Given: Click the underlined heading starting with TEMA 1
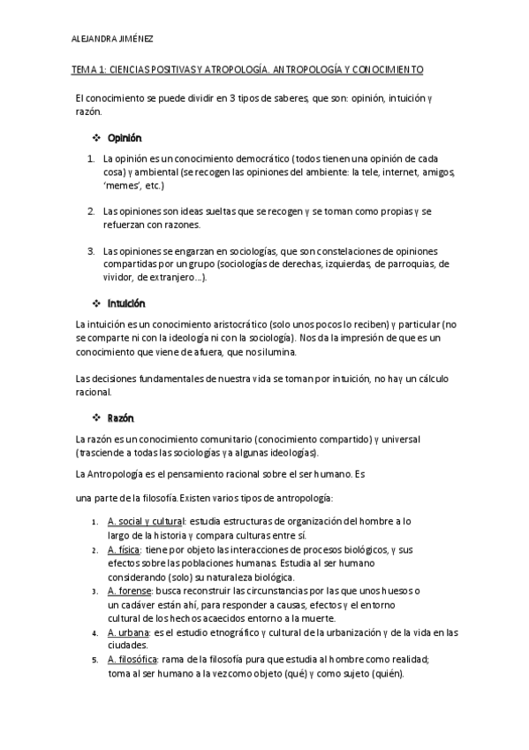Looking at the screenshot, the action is pyautogui.click(x=247, y=69).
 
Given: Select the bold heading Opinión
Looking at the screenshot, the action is pyautogui.click(x=124, y=138).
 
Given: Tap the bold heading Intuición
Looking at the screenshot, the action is pyautogui.click(x=126, y=303).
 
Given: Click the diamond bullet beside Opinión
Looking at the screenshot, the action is pyautogui.click(x=97, y=138).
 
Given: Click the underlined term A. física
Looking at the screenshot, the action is pyautogui.click(x=124, y=549).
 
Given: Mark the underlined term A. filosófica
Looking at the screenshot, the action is pyautogui.click(x=132, y=660).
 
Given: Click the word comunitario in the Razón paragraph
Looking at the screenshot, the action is pyautogui.click(x=211, y=439).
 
